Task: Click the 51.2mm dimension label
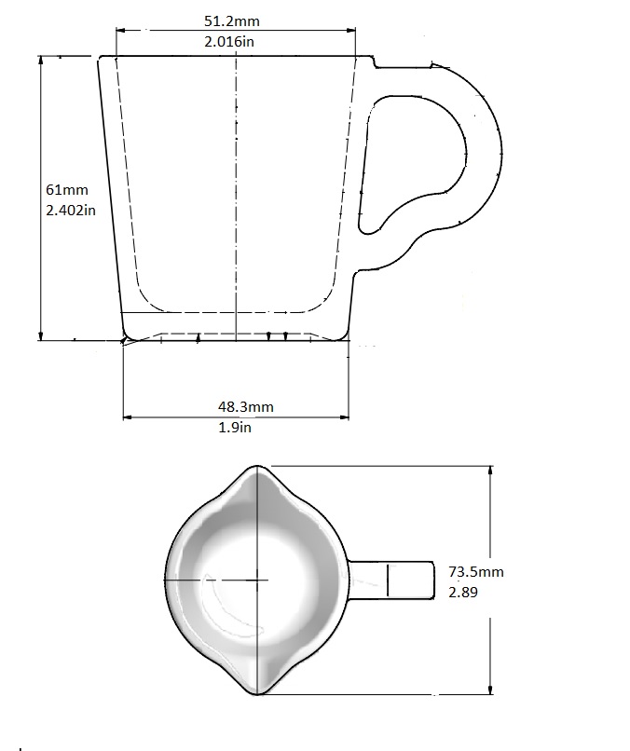tap(236, 20)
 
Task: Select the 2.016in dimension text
tap(236, 41)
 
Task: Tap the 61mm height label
tap(65, 189)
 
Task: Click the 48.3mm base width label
tap(246, 406)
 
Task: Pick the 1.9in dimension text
tap(236, 427)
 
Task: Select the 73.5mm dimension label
tap(476, 571)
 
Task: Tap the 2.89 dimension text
tap(464, 592)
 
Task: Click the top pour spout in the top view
tap(257, 473)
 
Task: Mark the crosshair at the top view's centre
tap(256, 579)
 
